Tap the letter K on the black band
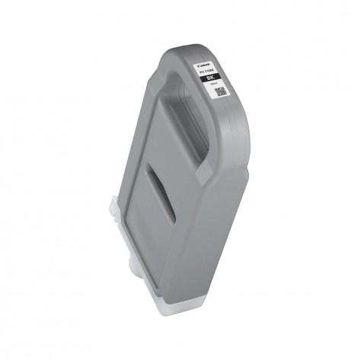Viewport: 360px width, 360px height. (215, 78)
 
